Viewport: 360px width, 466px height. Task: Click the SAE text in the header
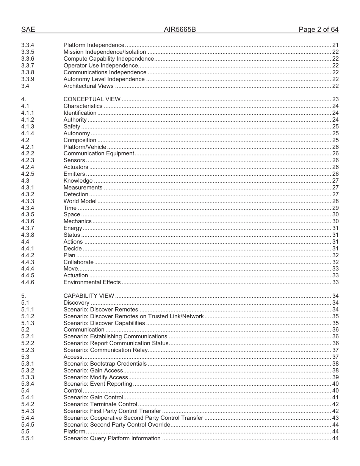click(28, 30)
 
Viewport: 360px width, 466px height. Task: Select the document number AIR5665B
click(180, 30)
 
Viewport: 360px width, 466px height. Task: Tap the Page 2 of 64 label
click(318, 30)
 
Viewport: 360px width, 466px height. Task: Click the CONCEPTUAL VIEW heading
click(92, 99)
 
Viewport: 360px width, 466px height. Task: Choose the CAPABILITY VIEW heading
click(89, 296)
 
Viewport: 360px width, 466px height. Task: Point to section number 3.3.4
click(28, 45)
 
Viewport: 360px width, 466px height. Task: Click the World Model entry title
click(80, 201)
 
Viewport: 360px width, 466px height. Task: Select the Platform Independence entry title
click(94, 45)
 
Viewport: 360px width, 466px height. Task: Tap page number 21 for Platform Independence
click(335, 45)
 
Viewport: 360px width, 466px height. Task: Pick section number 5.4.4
click(28, 418)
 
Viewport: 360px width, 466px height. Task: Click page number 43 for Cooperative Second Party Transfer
click(335, 418)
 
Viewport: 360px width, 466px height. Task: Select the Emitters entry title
click(74, 174)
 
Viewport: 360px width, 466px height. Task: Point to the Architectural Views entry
click(88, 86)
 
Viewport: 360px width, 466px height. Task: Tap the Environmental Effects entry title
click(92, 282)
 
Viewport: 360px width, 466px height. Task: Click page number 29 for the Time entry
click(335, 208)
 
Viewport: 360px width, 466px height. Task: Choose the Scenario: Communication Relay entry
click(105, 350)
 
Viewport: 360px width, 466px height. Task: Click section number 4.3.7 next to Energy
click(28, 228)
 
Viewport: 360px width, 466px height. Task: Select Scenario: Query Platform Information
click(112, 438)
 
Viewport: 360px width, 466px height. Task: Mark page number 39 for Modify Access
click(335, 377)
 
